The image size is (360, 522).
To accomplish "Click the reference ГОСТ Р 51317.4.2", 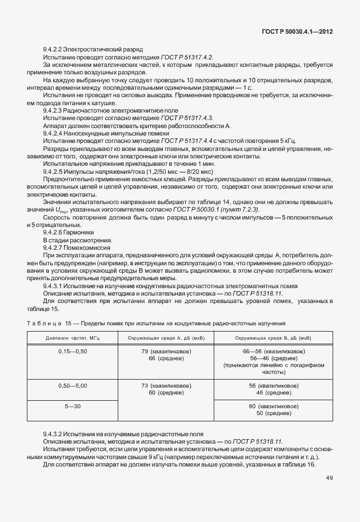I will (x=187, y=58).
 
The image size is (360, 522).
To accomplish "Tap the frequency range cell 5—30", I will (x=73, y=406).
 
